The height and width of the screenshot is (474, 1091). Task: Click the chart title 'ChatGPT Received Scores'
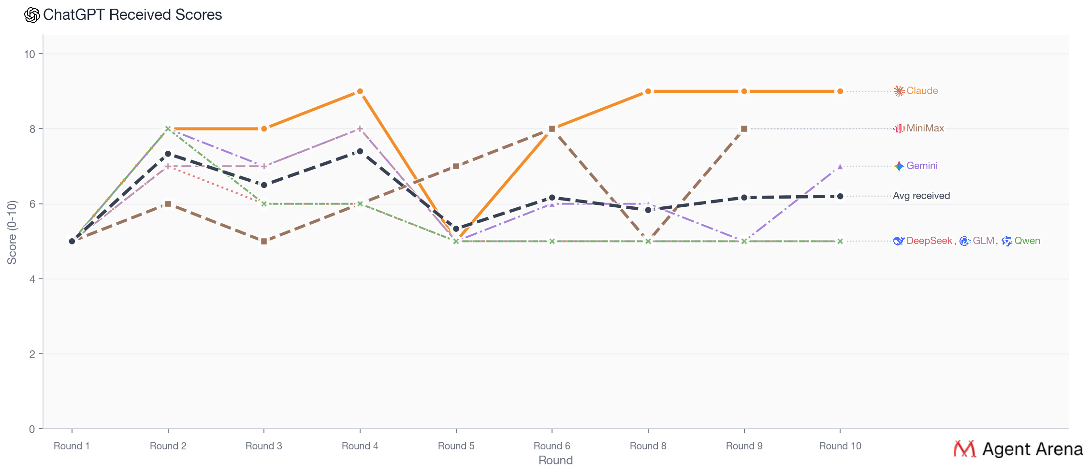[132, 15]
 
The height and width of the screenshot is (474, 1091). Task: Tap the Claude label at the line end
[922, 91]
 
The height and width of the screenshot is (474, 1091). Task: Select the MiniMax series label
[925, 129]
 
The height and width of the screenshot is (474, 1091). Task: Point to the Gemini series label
[922, 166]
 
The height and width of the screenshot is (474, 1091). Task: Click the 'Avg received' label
[921, 196]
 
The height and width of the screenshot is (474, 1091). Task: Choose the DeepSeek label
[929, 241]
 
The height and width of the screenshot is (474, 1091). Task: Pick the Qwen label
[1027, 241]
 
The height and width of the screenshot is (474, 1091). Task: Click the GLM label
[983, 241]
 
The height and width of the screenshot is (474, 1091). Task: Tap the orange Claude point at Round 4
[360, 91]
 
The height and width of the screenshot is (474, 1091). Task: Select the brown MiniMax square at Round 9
[744, 129]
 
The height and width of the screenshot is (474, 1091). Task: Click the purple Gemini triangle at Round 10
[840, 166]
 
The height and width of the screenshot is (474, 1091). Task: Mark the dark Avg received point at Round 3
[264, 185]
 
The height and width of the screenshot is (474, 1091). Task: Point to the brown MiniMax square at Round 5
[456, 166]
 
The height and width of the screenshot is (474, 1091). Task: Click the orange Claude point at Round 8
[648, 91]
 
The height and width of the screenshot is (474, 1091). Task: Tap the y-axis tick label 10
[30, 54]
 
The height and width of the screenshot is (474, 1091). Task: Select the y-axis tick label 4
[32, 279]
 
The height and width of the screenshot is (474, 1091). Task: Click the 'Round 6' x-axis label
[552, 446]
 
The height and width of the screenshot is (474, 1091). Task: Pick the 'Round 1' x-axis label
[72, 446]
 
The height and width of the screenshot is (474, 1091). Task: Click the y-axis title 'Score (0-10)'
[12, 232]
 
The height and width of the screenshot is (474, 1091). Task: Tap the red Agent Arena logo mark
[964, 449]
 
